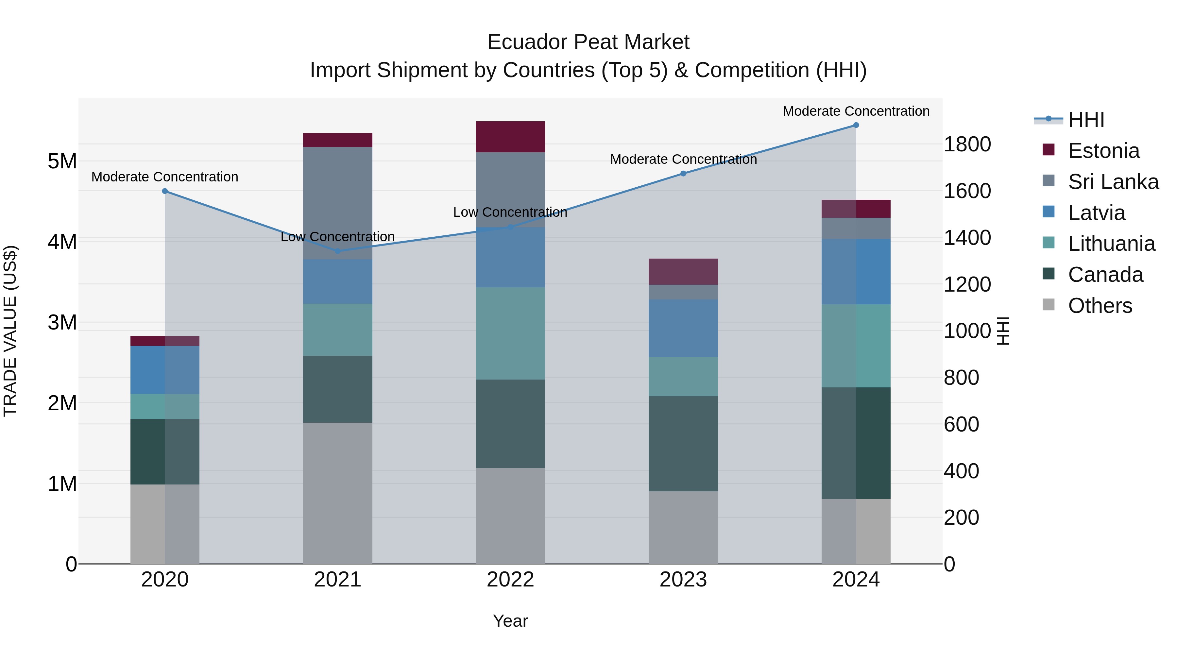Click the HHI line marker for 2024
[856, 125]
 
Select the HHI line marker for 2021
[338, 251]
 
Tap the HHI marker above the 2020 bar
[165, 191]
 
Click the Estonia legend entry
[1103, 151]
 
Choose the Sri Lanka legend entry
[1113, 182]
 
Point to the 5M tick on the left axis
[62, 161]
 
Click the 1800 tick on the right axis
[967, 144]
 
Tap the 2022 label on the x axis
[510, 580]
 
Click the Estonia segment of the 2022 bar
[510, 137]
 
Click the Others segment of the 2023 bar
[683, 527]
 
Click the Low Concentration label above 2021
[338, 237]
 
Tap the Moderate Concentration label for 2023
[683, 160]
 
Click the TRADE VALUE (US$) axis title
[10, 331]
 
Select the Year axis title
[510, 621]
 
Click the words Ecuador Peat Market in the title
[588, 42]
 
